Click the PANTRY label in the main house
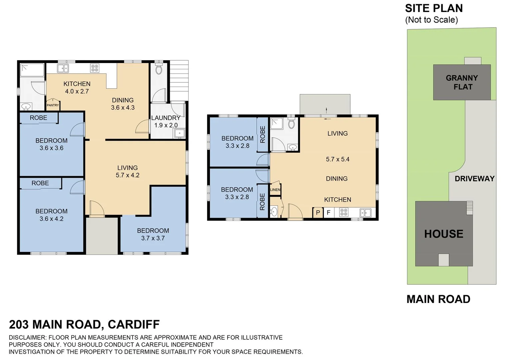(x=53, y=105)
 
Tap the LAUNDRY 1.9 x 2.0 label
(x=166, y=122)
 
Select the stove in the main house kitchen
(x=95, y=68)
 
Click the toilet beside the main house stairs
(x=159, y=69)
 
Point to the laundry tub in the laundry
(x=179, y=133)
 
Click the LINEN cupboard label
(x=275, y=190)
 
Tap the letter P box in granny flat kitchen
(x=318, y=213)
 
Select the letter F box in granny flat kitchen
(x=328, y=213)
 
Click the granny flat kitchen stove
(x=344, y=212)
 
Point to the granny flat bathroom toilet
(x=291, y=124)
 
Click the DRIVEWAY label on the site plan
(x=474, y=179)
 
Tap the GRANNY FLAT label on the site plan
(x=462, y=82)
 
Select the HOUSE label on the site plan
(x=444, y=234)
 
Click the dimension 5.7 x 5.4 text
(x=337, y=159)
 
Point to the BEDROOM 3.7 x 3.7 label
(x=153, y=234)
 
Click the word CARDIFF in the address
(x=134, y=324)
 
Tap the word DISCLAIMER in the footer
(x=28, y=337)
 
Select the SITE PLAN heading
(x=434, y=8)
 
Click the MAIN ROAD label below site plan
(x=438, y=299)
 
